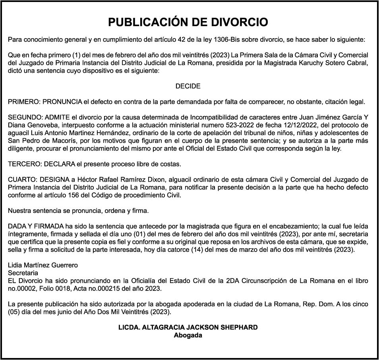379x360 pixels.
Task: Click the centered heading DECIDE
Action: [x=188, y=86]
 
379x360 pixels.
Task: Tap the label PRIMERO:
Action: [x=24, y=102]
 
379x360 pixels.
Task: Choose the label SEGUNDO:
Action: [x=25, y=117]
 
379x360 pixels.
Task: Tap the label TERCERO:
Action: [x=25, y=164]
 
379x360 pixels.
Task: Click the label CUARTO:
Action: [x=23, y=180]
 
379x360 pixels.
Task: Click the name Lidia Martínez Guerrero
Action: [x=43, y=265]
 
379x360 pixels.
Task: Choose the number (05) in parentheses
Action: [x=15, y=312]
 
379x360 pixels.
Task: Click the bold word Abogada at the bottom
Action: [x=188, y=335]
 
